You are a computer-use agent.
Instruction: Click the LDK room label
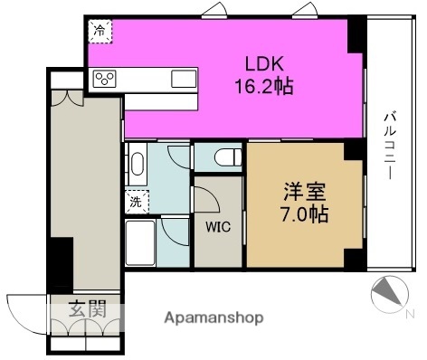click(x=265, y=64)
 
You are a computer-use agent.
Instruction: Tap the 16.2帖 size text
click(x=264, y=86)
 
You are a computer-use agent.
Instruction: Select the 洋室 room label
click(x=305, y=192)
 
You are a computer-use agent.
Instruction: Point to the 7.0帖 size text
click(x=305, y=214)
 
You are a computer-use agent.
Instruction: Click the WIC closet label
click(x=218, y=227)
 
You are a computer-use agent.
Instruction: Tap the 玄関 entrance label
click(x=88, y=308)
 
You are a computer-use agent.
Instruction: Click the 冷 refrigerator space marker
click(x=100, y=31)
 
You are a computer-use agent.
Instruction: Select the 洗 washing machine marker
click(x=136, y=202)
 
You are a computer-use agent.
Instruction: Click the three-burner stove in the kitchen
click(x=104, y=79)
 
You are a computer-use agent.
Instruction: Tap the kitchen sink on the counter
click(x=184, y=79)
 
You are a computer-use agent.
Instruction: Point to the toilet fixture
click(x=228, y=157)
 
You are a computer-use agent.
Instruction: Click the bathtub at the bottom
click(x=140, y=243)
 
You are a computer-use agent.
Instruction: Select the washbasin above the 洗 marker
click(x=138, y=165)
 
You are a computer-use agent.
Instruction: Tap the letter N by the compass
click(x=410, y=315)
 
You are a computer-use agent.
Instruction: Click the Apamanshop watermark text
click(x=213, y=318)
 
